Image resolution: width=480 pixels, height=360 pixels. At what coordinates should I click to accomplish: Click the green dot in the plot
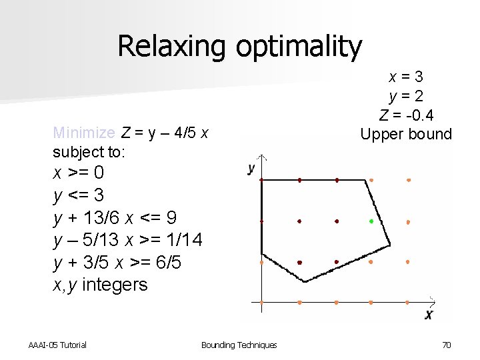[x=371, y=221]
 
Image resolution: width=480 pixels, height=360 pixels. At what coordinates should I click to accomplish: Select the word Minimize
[x=84, y=133]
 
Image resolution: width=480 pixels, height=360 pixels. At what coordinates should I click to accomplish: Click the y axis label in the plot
[x=251, y=169]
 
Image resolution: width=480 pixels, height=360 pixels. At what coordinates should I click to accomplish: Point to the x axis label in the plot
[x=429, y=314]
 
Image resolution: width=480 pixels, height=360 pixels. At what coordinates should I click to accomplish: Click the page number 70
[x=447, y=345]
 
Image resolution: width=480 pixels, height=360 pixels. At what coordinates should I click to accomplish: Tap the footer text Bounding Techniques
[x=239, y=345]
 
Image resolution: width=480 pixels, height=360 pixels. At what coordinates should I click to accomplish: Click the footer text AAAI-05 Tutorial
[x=57, y=345]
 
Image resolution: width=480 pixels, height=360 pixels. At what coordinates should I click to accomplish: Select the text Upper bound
[x=406, y=134]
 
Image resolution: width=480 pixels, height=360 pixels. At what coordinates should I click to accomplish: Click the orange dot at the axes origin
[x=262, y=302]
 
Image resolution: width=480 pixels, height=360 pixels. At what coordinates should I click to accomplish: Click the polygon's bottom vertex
[x=305, y=281]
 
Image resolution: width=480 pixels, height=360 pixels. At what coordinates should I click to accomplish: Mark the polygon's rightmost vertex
[x=390, y=241]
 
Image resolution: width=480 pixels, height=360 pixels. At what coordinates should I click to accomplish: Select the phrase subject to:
[x=90, y=152]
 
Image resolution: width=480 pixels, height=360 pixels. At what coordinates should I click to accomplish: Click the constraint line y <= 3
[x=79, y=195]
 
